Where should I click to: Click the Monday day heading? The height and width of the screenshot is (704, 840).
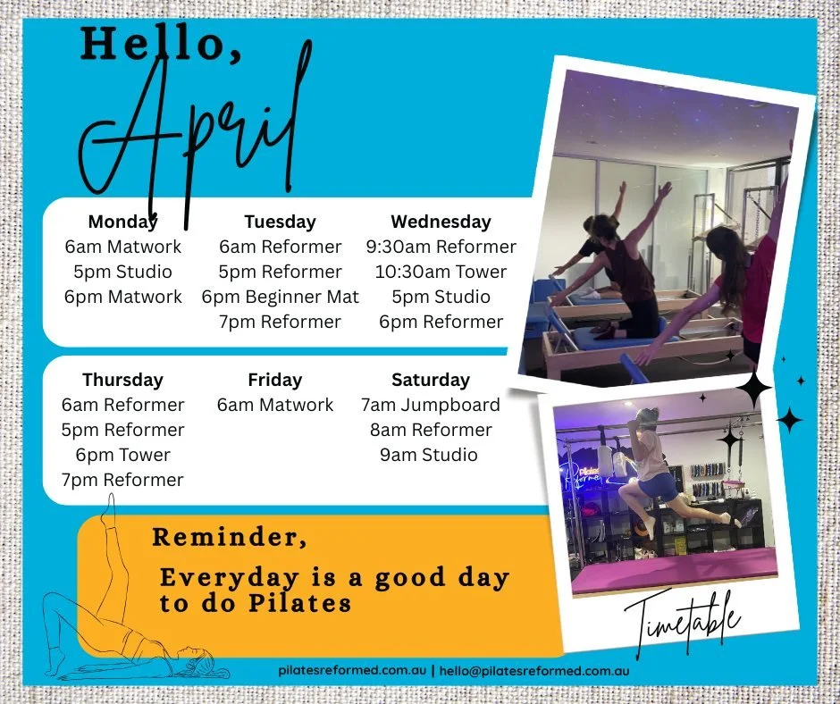click(122, 222)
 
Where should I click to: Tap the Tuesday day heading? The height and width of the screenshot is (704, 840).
click(280, 222)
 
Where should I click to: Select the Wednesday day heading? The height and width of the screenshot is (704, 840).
click(441, 222)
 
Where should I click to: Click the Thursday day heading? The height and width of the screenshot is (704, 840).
click(122, 380)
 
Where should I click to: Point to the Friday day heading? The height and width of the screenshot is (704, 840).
click(274, 380)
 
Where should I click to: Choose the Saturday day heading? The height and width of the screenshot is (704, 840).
click(430, 380)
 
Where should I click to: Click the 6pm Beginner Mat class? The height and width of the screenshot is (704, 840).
click(280, 297)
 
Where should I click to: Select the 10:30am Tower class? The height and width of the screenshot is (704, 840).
click(441, 272)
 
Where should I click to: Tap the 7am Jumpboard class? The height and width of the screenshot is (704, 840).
click(430, 405)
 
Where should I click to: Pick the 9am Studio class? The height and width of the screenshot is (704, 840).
click(429, 455)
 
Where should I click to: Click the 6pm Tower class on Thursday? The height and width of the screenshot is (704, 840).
click(122, 455)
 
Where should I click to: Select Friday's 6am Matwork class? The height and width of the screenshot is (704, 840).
click(274, 405)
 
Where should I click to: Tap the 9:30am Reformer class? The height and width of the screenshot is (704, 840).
click(441, 247)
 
